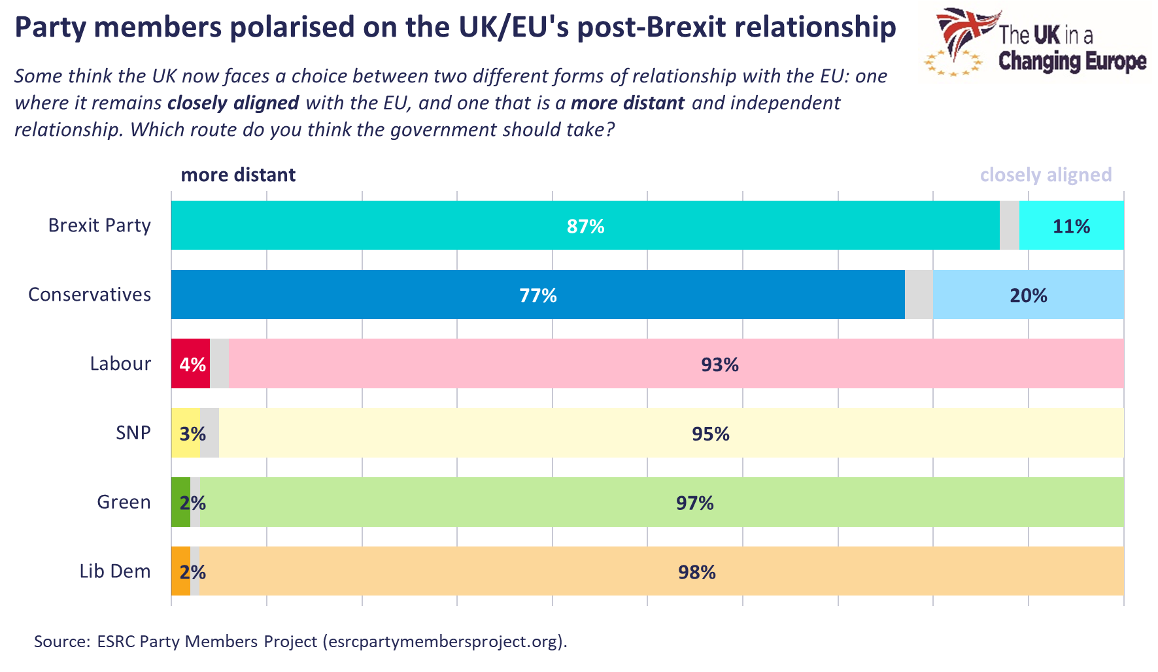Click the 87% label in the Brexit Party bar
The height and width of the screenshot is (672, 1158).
[x=585, y=226]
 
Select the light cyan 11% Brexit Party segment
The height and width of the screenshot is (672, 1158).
[x=1071, y=226]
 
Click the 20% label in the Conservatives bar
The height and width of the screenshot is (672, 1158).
[x=1028, y=295]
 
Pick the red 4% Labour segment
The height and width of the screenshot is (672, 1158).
[x=190, y=364]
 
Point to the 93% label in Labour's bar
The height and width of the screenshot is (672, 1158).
[x=719, y=364]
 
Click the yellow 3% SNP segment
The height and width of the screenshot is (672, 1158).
[x=185, y=433]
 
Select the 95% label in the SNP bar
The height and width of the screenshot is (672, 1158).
[x=710, y=433]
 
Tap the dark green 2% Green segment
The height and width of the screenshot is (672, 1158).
[x=180, y=502]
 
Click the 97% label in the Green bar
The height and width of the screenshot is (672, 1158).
[x=694, y=503]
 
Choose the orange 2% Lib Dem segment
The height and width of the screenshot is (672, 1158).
[x=180, y=571]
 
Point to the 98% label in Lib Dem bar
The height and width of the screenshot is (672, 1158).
[x=696, y=572]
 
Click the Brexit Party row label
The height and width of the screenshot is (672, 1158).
[x=99, y=226]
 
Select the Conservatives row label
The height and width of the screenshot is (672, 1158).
[x=90, y=295]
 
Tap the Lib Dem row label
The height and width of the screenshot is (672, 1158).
[x=115, y=571]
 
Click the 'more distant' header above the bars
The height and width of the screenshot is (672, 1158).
[x=238, y=175]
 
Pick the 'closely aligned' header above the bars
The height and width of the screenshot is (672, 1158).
[x=1045, y=175]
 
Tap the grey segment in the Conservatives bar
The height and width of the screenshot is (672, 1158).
[x=919, y=295]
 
